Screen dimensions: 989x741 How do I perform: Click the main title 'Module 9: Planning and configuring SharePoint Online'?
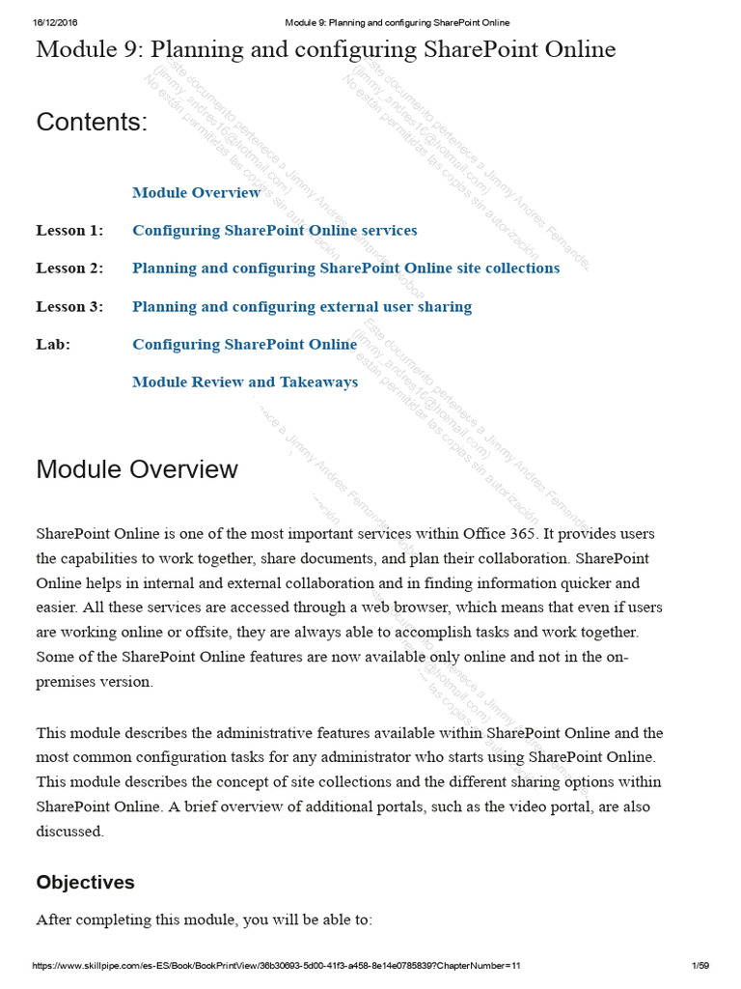(325, 49)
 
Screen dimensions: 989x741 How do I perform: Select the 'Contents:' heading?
(92, 123)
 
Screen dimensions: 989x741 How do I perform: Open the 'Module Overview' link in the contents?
(196, 192)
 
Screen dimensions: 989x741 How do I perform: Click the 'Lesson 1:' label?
(69, 231)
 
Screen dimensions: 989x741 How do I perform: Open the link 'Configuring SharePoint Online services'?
(274, 231)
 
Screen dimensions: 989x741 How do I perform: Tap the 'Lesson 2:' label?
(69, 268)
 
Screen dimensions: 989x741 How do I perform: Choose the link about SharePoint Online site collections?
(345, 268)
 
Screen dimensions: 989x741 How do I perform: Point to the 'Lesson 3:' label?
(69, 307)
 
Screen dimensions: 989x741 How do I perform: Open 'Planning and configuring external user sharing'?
(302, 307)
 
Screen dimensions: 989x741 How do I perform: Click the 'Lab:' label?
(53, 345)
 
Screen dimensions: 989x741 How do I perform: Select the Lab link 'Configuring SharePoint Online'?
(244, 345)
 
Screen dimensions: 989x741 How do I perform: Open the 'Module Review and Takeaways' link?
(245, 382)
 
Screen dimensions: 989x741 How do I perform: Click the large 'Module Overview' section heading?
(137, 469)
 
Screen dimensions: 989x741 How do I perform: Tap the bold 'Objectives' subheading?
(85, 883)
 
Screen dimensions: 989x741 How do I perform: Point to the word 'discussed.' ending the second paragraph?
(69, 832)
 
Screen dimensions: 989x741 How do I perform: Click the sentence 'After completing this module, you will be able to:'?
(204, 920)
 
